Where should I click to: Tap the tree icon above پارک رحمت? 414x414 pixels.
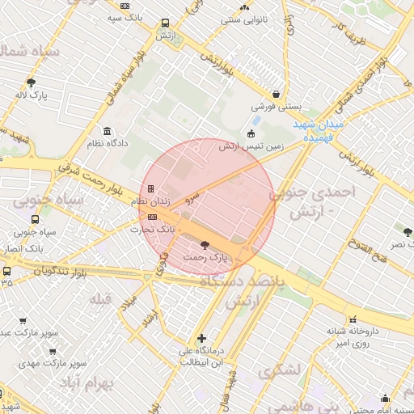(203, 245)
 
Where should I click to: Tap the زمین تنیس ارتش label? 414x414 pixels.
(249, 146)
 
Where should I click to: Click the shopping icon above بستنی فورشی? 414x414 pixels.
(277, 94)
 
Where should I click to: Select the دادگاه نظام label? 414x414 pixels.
(107, 144)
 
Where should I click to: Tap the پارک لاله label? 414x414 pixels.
(31, 95)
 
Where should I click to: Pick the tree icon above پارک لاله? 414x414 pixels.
(31, 82)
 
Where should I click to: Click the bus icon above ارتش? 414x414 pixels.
(165, 23)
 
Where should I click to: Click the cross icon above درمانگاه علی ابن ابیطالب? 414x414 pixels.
(201, 338)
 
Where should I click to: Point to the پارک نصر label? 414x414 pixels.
(399, 243)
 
